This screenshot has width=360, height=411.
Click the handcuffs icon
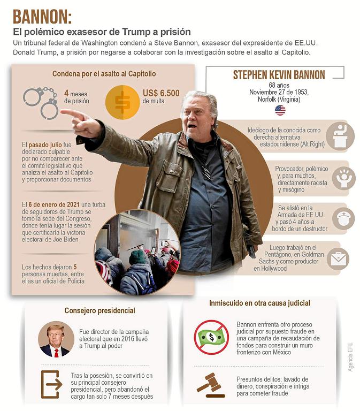pyautogui.click(x=41, y=102)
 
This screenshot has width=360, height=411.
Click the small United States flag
pyautogui.click(x=280, y=110)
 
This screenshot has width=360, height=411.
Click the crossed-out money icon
pyautogui.click(x=211, y=337)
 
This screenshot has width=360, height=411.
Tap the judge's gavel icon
pyautogui.click(x=209, y=383)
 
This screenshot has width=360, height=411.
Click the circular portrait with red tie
pyautogui.click(x=56, y=340)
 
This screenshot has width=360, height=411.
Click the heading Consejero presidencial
pyautogui.click(x=99, y=310)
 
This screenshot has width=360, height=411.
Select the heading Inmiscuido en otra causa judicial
pyautogui.click(x=259, y=303)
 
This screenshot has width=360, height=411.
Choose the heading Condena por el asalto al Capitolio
pyautogui.click(x=104, y=74)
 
